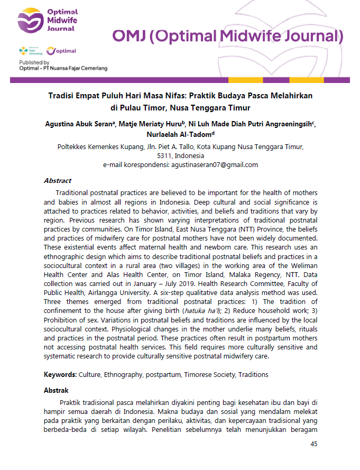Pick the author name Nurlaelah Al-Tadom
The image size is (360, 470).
coord(178,134)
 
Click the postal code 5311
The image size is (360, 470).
coord(165,156)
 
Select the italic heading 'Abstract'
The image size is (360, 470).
coord(57,181)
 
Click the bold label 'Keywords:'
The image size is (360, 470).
coord(60,375)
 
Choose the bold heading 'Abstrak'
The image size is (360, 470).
coord(56,391)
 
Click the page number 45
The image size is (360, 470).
coord(313,444)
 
